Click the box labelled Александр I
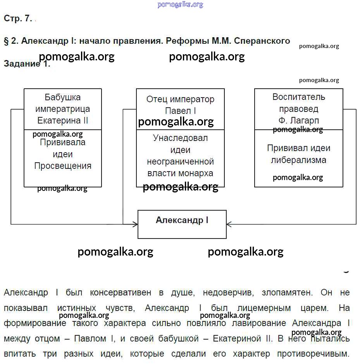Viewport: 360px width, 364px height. (182, 224)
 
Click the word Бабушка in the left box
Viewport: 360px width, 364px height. (63, 97)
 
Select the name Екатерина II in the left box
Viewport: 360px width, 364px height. (63, 120)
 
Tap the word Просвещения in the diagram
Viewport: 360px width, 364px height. (63, 166)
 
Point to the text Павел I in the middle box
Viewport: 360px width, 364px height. (180, 111)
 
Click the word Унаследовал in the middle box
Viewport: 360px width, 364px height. (180, 138)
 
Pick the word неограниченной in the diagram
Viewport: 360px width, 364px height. (180, 161)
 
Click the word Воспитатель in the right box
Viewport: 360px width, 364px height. (298, 97)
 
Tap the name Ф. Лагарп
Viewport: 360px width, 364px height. (298, 120)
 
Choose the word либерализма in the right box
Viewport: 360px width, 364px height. (298, 160)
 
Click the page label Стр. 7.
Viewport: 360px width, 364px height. (18, 19)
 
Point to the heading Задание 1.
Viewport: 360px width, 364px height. (27, 64)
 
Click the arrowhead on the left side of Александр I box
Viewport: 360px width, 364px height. (136, 224)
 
